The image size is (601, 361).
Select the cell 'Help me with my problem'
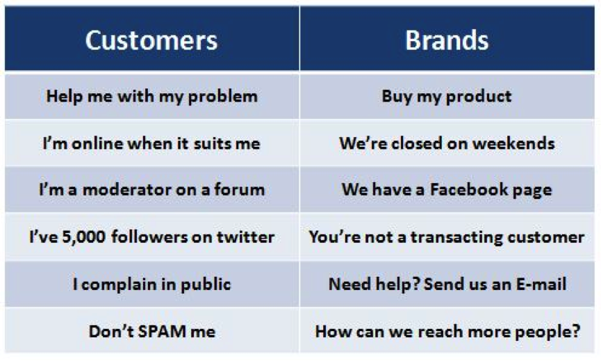[151, 97]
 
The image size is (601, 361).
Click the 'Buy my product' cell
[447, 97]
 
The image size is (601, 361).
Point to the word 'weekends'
[513, 143]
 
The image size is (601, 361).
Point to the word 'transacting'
[456, 237]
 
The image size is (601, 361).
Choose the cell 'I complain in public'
[151, 284]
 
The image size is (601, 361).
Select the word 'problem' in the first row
[223, 97]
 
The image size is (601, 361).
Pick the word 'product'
[479, 97]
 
